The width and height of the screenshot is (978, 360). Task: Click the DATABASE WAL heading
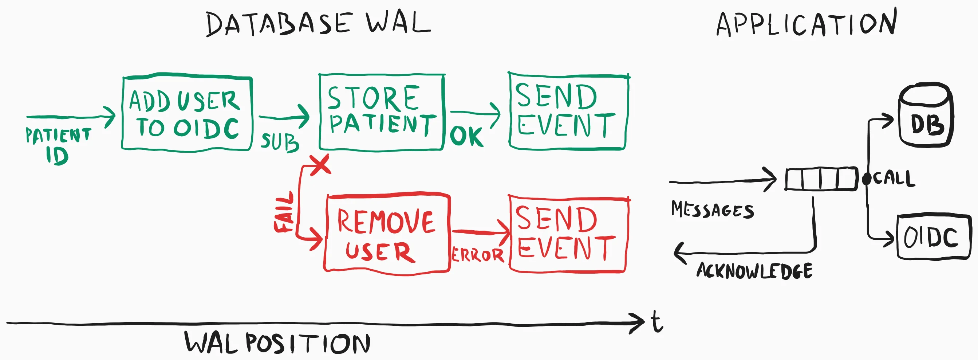(318, 24)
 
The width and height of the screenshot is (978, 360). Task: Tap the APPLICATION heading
(807, 24)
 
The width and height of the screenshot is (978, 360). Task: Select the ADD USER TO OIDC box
(187, 114)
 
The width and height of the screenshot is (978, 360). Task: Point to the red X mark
(320, 165)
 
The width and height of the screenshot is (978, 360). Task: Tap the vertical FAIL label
(284, 212)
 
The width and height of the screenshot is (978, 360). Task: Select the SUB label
(279, 142)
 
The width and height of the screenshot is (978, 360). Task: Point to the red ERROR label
(478, 255)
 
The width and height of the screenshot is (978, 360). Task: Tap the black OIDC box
(933, 237)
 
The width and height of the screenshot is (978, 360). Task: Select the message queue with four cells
(821, 179)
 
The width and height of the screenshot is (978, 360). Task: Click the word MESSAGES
(712, 210)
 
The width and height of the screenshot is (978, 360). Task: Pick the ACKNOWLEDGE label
(754, 271)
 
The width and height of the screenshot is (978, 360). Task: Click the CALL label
(894, 178)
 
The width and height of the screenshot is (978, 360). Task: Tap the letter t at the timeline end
(657, 322)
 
